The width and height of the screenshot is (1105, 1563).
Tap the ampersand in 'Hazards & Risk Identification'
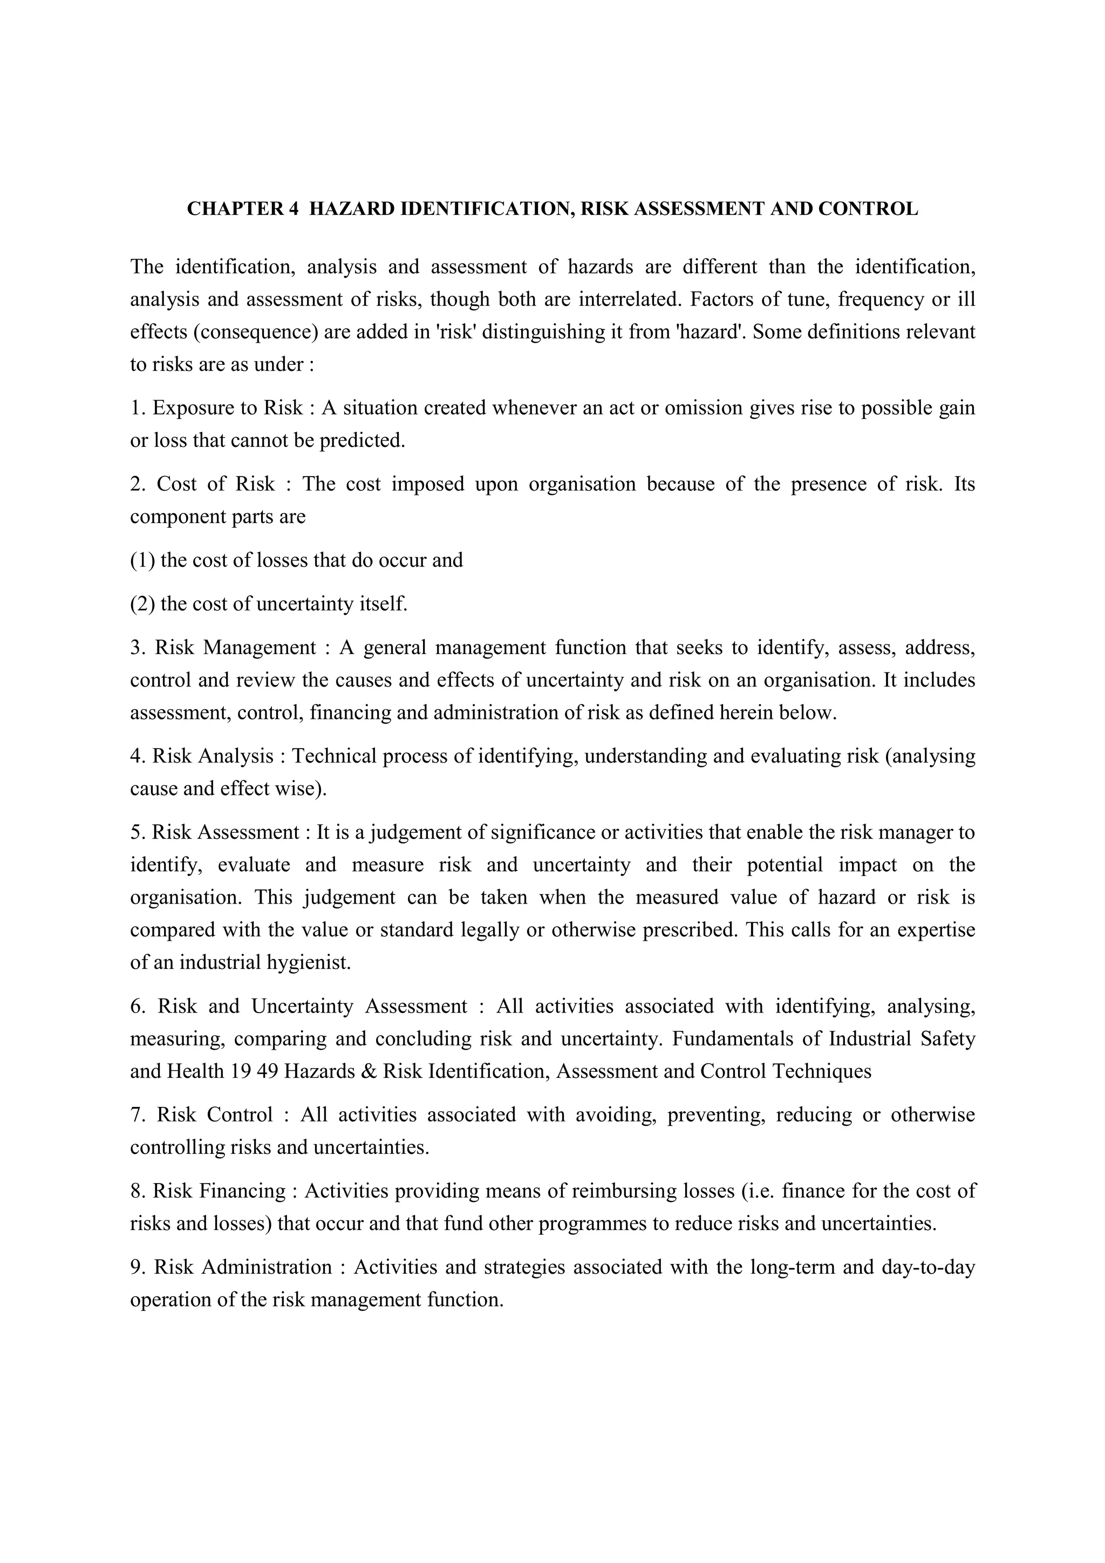point(370,1071)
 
